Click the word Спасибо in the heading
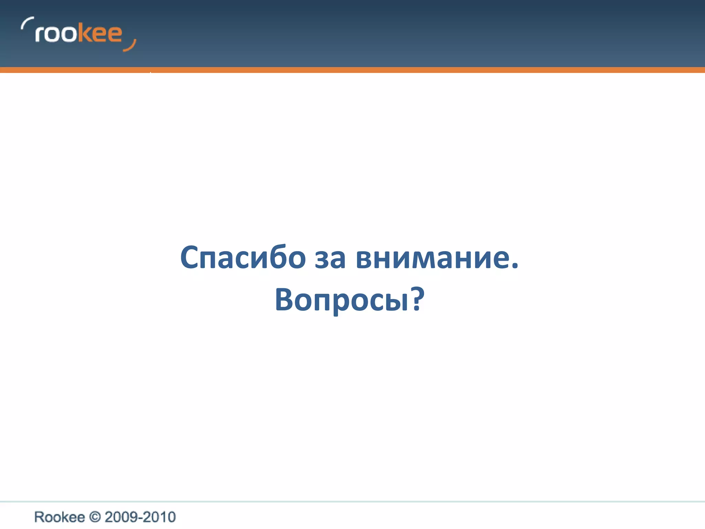point(243,258)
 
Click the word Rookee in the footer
point(59,517)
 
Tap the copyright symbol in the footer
point(95,517)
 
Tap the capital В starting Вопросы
point(285,299)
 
